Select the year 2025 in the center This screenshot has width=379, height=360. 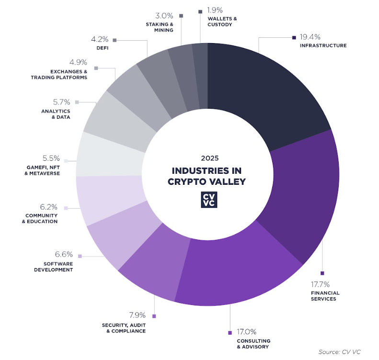207,158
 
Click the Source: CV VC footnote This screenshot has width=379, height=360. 339,351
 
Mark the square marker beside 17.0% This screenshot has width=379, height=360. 230,332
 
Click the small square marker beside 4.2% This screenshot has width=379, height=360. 115,41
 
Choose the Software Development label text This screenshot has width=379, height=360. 54,267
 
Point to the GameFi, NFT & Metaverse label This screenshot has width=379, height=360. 41,170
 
